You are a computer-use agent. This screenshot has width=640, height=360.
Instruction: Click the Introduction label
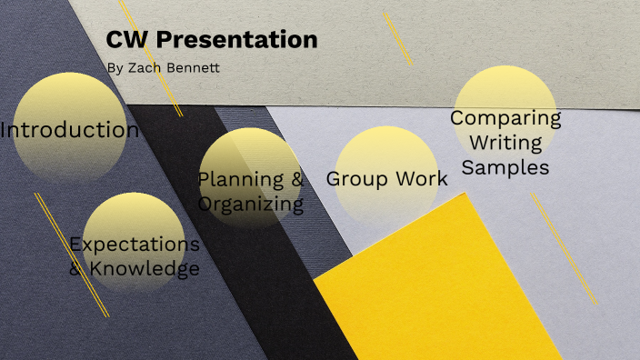(x=70, y=130)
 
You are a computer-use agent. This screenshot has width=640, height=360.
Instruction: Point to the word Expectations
(x=135, y=245)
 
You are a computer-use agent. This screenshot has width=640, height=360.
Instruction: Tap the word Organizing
(x=251, y=203)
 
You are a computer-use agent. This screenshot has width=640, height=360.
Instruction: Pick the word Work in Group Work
(x=424, y=178)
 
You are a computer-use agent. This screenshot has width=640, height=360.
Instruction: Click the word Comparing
(x=505, y=118)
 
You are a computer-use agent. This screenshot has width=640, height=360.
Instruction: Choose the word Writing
(x=505, y=143)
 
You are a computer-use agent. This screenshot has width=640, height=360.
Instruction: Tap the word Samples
(x=505, y=167)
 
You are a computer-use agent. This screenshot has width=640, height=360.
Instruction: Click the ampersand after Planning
(x=295, y=178)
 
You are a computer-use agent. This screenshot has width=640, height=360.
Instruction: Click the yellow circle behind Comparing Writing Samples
(x=505, y=91)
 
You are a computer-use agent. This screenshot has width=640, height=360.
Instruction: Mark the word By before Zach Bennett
(x=114, y=68)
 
